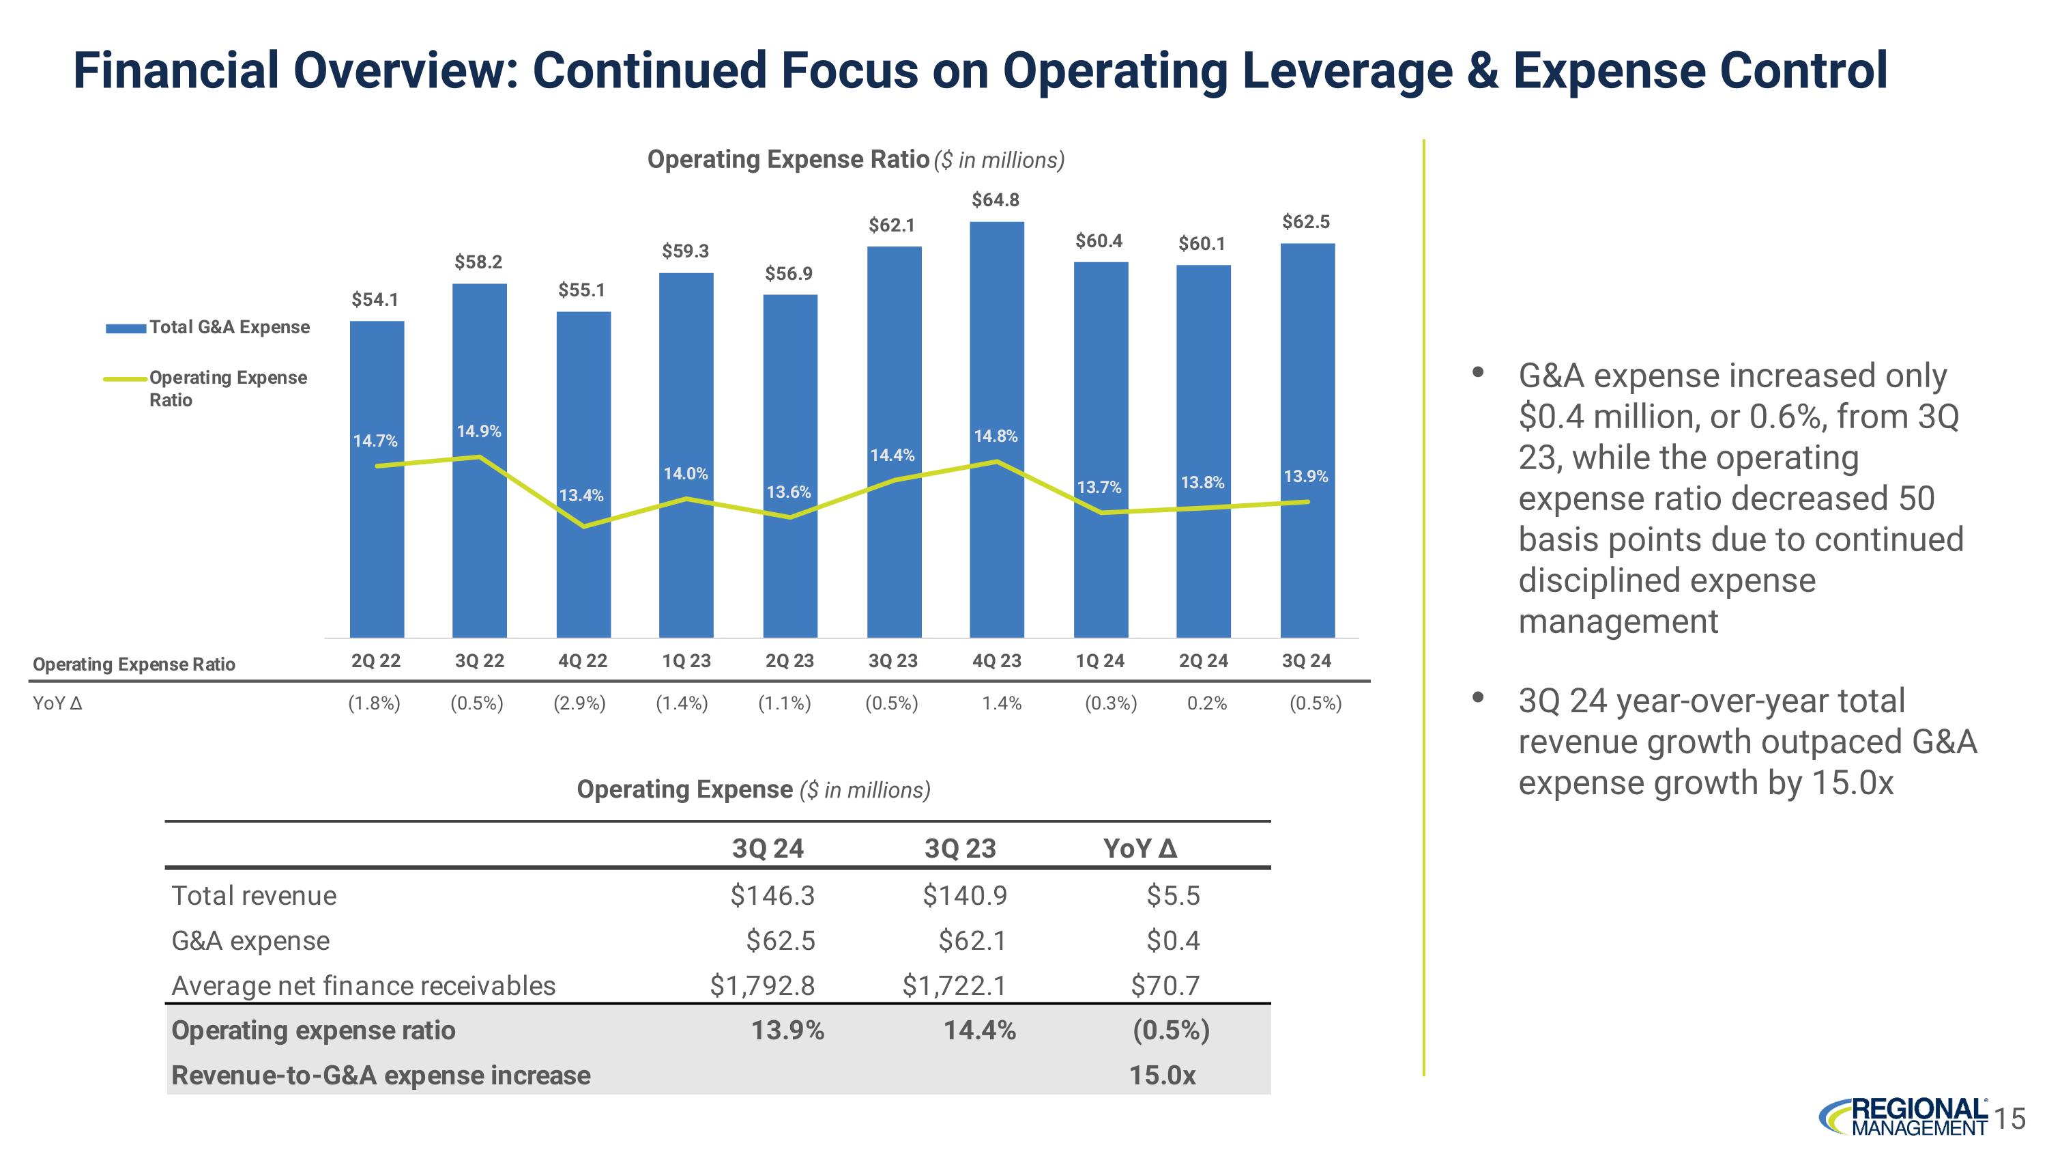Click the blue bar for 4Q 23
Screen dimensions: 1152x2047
(996, 430)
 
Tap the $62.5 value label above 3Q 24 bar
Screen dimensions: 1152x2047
(1305, 222)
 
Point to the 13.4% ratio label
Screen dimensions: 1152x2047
(581, 496)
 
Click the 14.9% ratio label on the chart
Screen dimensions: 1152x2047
(478, 432)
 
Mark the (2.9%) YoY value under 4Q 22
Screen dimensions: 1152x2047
(579, 703)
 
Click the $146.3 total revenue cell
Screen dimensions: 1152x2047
(772, 896)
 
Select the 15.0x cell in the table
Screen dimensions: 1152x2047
(1163, 1076)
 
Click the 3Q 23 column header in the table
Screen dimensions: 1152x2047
(960, 849)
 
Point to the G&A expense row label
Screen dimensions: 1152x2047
(250, 941)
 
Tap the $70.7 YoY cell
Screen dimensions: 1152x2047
(1165, 986)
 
